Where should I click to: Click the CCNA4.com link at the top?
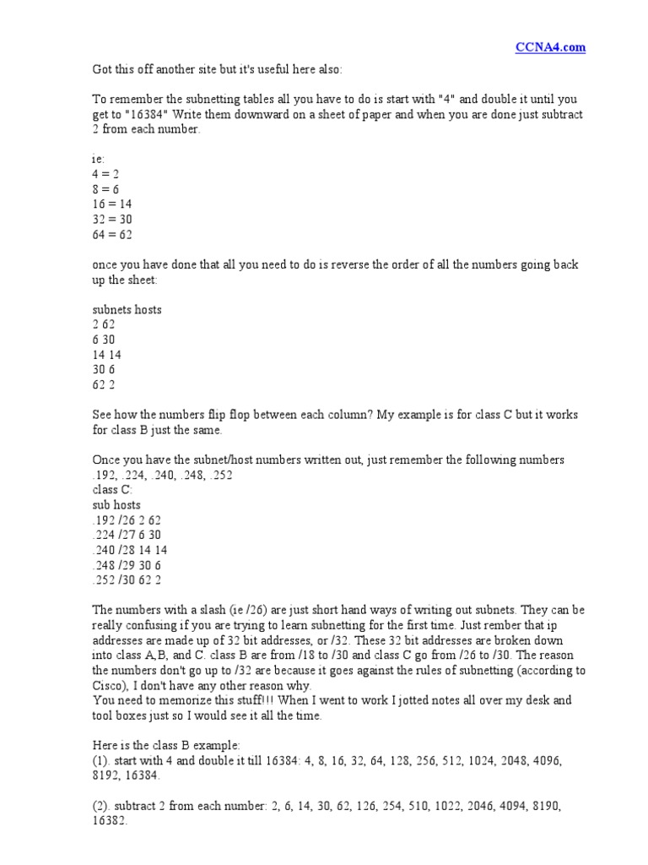(551, 47)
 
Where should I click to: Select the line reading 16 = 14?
(111, 204)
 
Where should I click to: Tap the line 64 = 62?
(111, 235)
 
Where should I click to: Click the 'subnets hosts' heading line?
(127, 310)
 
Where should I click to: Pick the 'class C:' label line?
(112, 490)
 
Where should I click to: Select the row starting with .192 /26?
(127, 520)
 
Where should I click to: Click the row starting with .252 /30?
(127, 581)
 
